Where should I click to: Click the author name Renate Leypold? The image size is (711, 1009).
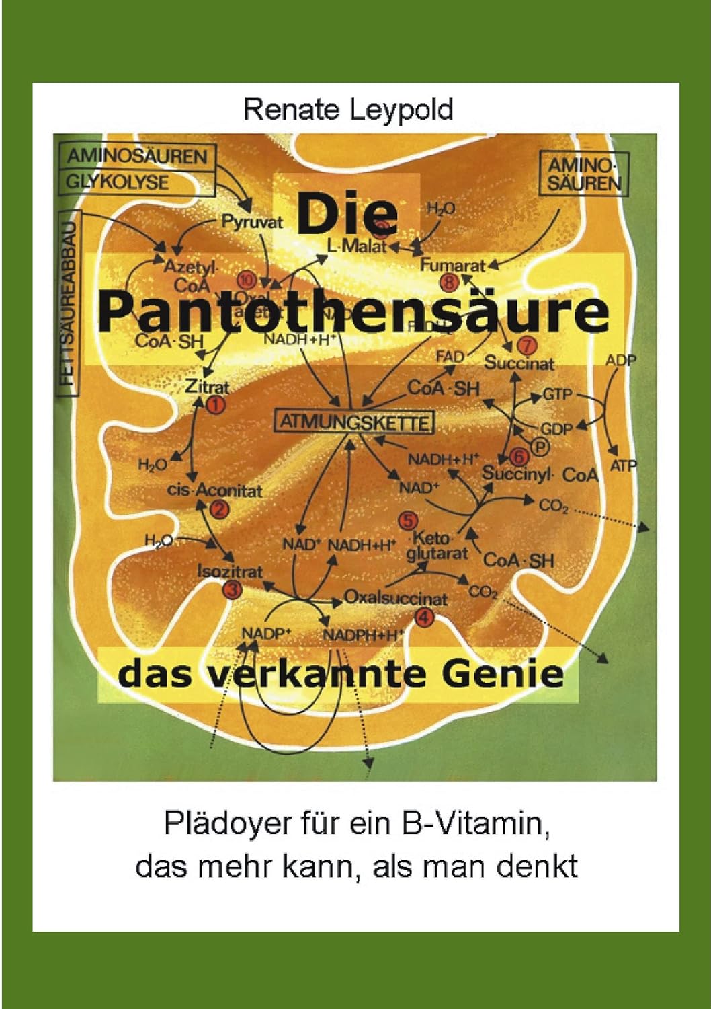(348, 109)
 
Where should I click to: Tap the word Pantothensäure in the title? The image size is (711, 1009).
(354, 311)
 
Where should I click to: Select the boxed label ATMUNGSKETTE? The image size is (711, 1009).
(354, 422)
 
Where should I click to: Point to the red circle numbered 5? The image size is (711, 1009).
(408, 520)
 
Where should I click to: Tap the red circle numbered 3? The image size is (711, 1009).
(233, 590)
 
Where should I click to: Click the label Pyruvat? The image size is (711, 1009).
(252, 222)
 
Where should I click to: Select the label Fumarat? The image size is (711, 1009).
(452, 265)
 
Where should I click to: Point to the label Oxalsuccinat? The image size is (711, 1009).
(395, 597)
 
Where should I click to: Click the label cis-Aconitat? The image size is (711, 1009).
(214, 490)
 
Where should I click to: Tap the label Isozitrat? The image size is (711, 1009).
(230, 572)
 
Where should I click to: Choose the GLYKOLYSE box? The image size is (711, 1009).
(118, 182)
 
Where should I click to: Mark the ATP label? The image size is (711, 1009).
(623, 465)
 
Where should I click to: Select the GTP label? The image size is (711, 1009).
(556, 394)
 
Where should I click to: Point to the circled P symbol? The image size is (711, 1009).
(540, 445)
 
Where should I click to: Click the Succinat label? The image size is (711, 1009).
(519, 363)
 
